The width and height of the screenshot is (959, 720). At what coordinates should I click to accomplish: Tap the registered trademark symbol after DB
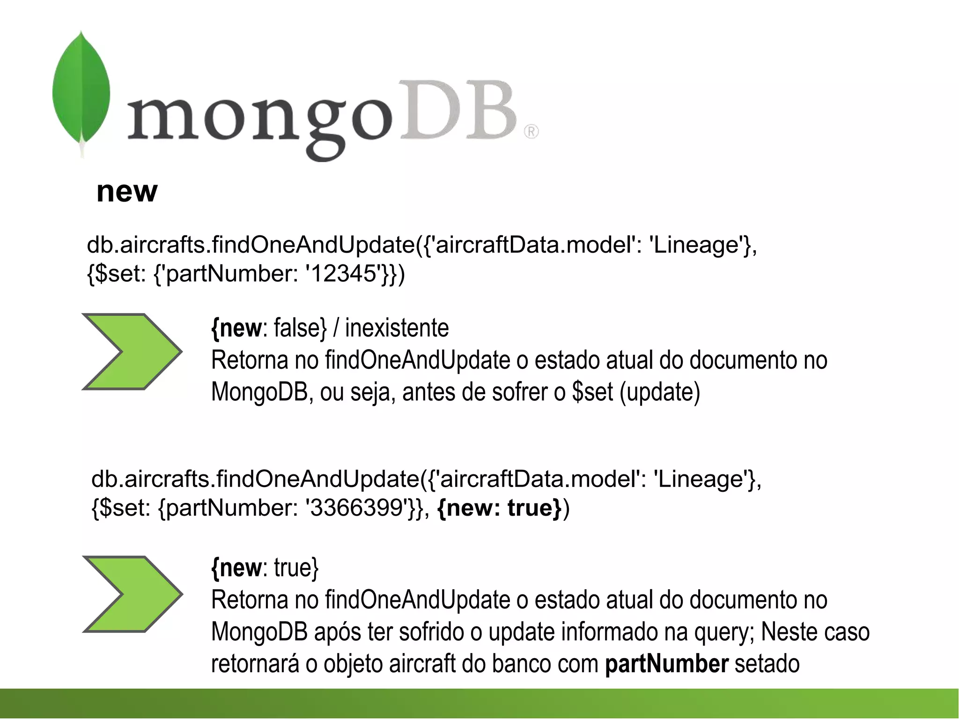531,132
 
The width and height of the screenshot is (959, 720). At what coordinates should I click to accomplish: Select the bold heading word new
127,192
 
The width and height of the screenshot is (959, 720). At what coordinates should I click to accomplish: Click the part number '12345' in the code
344,274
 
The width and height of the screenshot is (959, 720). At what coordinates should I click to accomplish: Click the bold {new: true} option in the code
499,508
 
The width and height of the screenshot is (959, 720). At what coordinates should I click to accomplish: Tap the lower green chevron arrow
132,594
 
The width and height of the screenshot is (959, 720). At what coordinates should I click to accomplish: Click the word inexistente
397,328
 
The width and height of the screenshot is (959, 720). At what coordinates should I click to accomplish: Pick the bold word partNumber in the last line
666,664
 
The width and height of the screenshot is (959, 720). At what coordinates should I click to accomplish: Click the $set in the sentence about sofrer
592,392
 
